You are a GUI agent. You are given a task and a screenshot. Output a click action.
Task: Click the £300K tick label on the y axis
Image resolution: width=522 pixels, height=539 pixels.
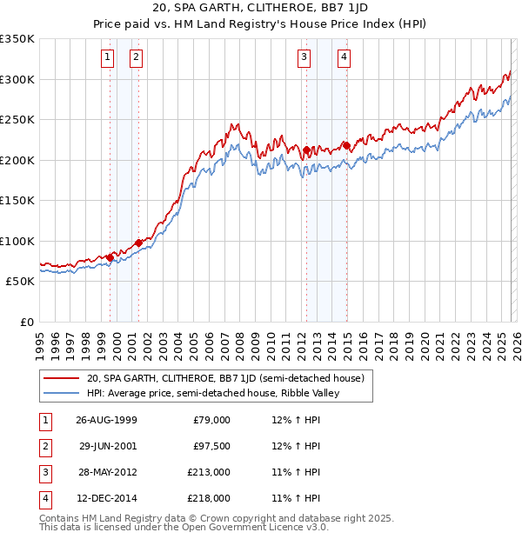click(17, 79)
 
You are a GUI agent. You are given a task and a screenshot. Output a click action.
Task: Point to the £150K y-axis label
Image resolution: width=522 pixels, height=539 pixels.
click(17, 201)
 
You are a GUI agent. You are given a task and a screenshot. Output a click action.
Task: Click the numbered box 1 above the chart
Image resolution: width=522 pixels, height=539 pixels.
click(107, 58)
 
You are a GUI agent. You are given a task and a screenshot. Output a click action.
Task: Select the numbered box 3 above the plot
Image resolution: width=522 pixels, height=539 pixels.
click(304, 58)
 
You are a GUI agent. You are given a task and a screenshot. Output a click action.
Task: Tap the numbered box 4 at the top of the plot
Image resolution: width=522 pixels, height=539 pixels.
click(345, 58)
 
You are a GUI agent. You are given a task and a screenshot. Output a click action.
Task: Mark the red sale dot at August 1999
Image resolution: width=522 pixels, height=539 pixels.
click(110, 257)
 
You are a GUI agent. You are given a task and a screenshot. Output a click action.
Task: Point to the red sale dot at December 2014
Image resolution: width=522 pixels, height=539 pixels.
click(346, 145)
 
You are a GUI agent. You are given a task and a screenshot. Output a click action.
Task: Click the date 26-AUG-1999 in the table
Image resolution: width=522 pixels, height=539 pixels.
click(106, 420)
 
